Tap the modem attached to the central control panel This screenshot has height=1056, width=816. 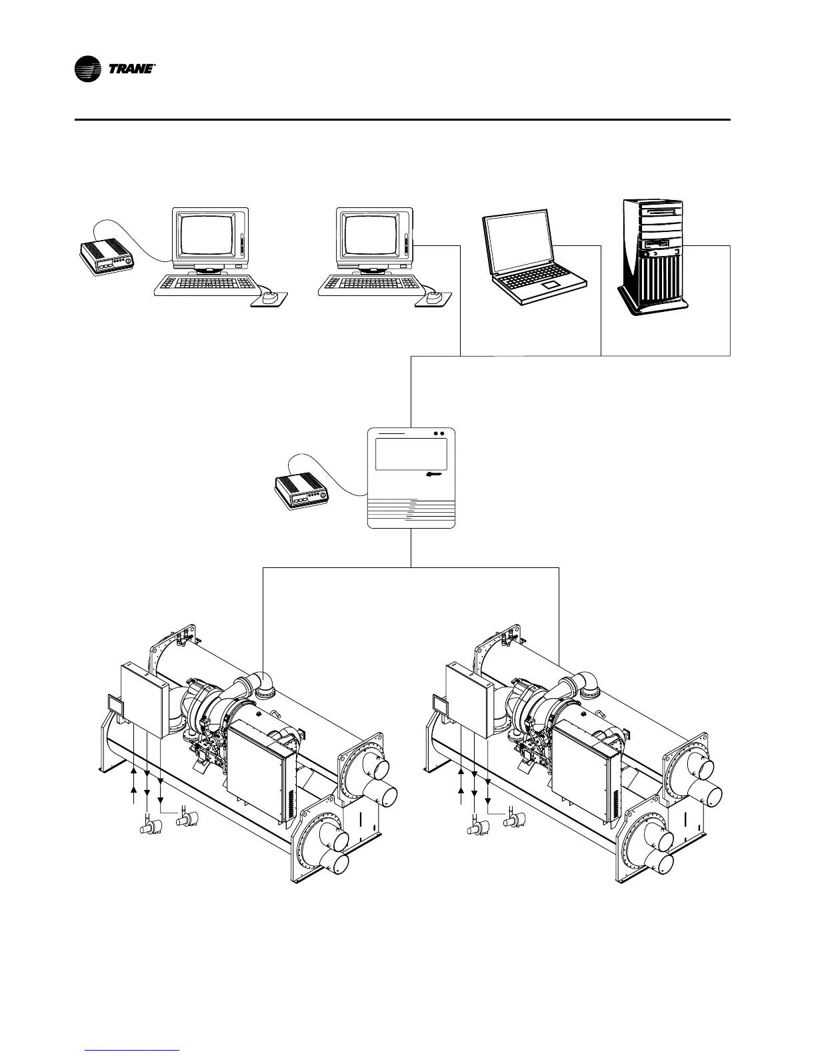tap(301, 491)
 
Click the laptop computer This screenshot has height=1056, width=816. tap(533, 257)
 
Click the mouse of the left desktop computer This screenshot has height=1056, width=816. tap(270, 299)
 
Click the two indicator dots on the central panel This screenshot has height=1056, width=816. tap(438, 433)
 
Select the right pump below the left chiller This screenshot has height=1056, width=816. tap(186, 818)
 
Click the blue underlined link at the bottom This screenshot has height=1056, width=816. tap(133, 1050)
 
